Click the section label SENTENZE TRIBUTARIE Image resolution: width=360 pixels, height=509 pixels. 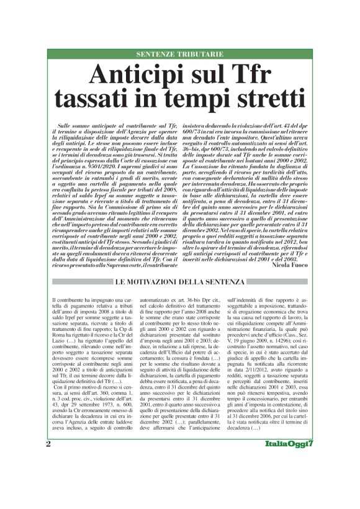(x=179, y=55)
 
